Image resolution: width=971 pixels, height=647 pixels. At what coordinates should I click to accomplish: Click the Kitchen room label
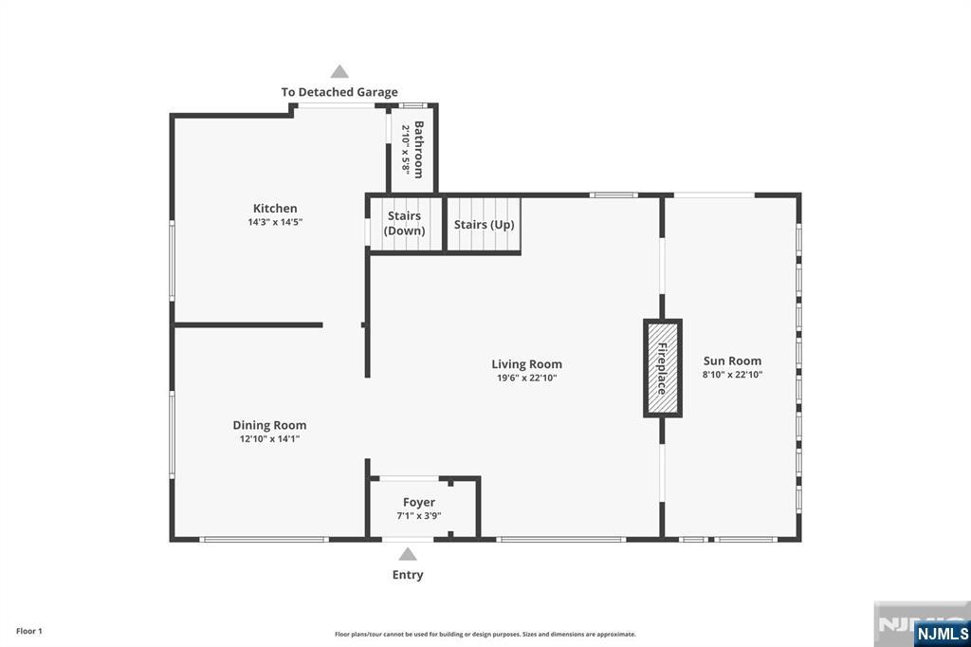click(x=275, y=208)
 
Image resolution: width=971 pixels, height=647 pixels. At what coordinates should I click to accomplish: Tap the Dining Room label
click(x=269, y=425)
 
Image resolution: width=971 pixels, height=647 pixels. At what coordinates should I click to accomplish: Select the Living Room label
click(x=527, y=364)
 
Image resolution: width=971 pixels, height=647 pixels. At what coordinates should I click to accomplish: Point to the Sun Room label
click(x=732, y=360)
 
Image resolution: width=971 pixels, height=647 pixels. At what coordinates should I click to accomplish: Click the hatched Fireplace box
click(x=663, y=369)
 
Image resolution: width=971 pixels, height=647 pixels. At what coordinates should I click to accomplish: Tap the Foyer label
click(x=418, y=502)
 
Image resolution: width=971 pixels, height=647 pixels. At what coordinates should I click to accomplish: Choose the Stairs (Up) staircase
click(x=484, y=225)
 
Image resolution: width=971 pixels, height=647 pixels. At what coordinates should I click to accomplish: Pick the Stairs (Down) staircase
click(x=404, y=224)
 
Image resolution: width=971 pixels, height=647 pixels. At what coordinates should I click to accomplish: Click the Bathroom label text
click(x=418, y=149)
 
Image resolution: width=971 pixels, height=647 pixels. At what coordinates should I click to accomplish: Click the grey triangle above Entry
click(x=408, y=554)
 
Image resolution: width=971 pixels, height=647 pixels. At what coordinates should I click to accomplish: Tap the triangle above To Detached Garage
click(x=339, y=71)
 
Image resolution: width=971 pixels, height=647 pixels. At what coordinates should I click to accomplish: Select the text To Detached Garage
click(x=339, y=92)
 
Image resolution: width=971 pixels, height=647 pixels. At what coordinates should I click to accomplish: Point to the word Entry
click(x=408, y=575)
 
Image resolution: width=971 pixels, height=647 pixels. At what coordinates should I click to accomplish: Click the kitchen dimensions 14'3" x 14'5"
click(x=275, y=222)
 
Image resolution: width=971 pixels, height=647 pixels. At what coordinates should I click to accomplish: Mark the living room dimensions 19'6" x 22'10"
click(x=527, y=378)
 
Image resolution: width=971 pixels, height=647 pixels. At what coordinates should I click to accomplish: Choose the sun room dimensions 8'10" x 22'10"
click(x=732, y=375)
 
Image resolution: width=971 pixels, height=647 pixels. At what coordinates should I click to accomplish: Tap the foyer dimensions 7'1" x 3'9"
click(x=418, y=516)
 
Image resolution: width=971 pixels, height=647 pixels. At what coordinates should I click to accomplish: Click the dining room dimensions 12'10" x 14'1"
click(x=269, y=439)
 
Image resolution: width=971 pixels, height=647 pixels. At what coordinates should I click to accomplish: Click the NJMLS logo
click(x=942, y=634)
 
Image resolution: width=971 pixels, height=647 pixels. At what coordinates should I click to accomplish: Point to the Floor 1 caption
click(x=29, y=631)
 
